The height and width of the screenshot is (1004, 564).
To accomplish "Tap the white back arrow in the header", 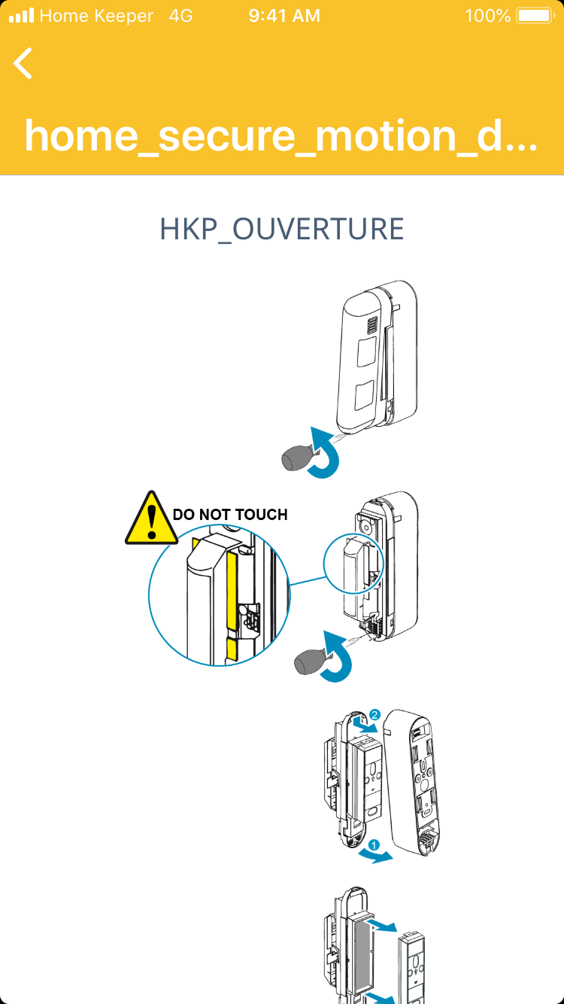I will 23,63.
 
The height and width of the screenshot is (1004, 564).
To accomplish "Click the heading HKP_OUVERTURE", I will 282,230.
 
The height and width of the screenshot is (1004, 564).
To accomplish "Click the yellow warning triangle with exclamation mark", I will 153,519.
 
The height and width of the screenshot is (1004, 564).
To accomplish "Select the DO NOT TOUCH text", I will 230,515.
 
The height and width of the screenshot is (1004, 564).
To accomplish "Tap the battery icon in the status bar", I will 535,16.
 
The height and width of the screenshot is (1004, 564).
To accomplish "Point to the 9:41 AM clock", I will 284,16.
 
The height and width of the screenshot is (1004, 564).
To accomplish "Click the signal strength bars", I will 22,16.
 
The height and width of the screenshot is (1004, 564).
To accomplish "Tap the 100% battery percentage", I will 487,16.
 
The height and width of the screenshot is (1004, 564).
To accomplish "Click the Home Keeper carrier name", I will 96,16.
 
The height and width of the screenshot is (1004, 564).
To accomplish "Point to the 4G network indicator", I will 181,16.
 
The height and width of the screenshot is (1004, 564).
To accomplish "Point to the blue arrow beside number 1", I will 375,856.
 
